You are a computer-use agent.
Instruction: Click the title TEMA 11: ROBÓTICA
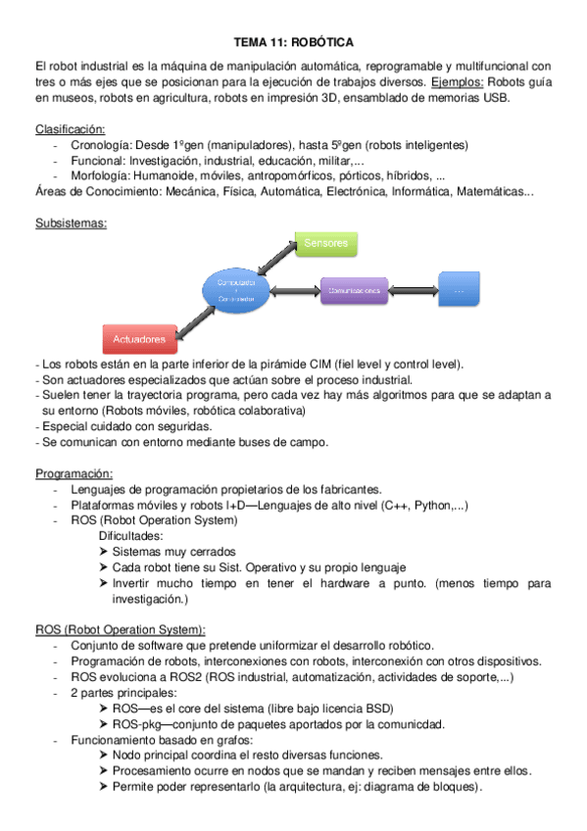pos(293,43)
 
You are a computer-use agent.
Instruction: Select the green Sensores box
pos(325,243)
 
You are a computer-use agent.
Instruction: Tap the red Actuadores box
pos(139,339)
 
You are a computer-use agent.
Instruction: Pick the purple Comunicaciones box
pos(355,291)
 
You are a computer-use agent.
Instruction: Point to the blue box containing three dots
pos(459,290)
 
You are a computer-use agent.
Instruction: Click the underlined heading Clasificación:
pos(71,129)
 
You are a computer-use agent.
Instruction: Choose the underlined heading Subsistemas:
pos(71,222)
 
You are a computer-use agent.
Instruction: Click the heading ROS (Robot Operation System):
pos(120,629)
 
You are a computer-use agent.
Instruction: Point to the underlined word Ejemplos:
pos(457,82)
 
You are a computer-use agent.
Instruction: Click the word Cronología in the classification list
pos(102,145)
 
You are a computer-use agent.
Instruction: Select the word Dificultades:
pos(131,536)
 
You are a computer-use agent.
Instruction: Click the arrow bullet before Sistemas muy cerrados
pos(104,552)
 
